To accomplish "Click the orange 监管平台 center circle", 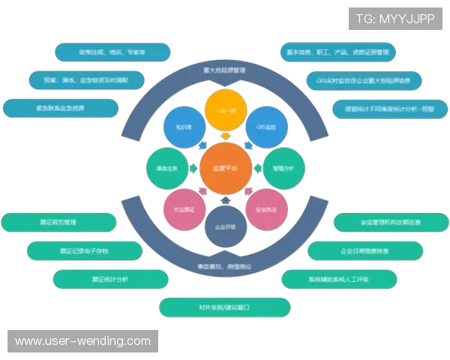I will click(x=225, y=169).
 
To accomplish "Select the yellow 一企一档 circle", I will click(x=225, y=109).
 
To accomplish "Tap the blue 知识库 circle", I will click(x=184, y=127).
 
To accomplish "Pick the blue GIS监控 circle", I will click(x=266, y=127).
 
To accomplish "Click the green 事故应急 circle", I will click(x=166, y=169).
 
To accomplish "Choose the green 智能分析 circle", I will click(x=284, y=169).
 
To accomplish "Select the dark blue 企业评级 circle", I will click(x=225, y=226).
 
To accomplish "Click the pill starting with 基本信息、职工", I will click(x=337, y=52).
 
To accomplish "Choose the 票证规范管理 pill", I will click(x=58, y=223).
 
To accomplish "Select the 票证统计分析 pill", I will click(x=111, y=279).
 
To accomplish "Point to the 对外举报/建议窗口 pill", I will click(x=224, y=307).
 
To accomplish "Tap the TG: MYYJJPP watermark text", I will click(x=396, y=18).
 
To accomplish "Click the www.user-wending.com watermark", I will click(x=83, y=341).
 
